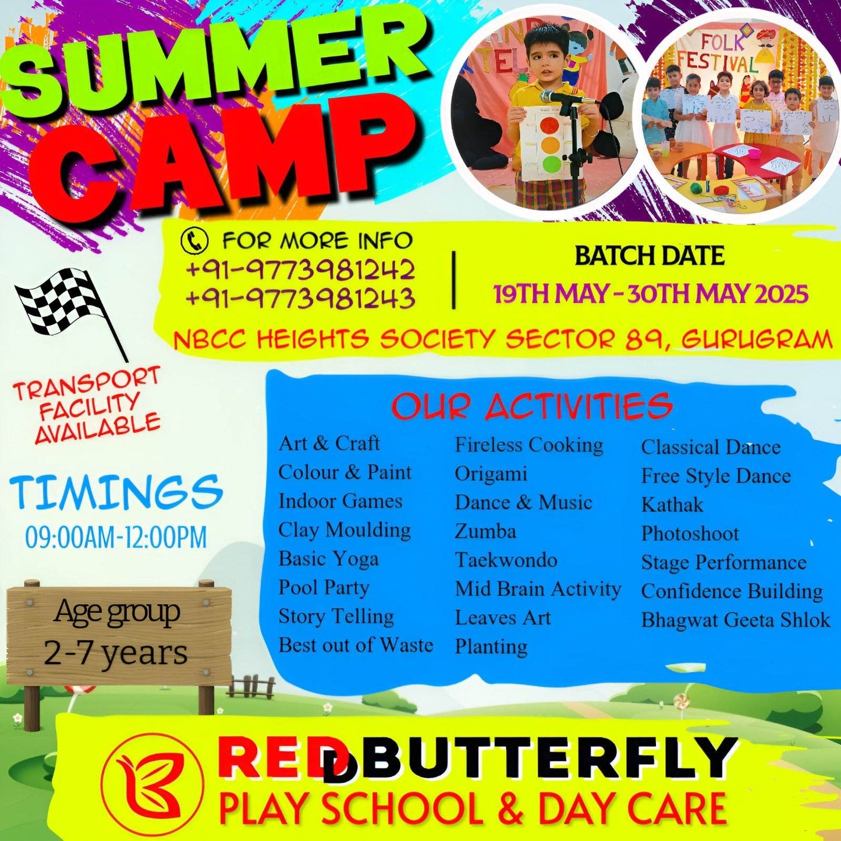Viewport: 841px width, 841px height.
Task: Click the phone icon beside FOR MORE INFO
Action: [194, 240]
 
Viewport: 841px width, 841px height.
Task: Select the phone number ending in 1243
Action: [300, 298]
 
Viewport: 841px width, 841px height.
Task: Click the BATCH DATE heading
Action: [650, 256]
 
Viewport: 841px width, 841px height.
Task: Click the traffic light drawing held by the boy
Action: [547, 143]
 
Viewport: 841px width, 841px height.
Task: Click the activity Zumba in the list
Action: [485, 531]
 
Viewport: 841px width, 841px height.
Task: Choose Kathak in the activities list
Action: [672, 505]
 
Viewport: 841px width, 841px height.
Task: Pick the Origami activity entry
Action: [491, 474]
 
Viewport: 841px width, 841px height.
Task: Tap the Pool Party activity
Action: [324, 587]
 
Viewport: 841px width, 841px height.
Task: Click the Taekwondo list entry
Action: [506, 560]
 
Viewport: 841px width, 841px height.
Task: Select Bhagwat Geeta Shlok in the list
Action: [736, 620]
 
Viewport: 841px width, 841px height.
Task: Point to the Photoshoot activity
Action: [690, 534]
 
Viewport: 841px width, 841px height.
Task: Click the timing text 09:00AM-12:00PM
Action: [116, 537]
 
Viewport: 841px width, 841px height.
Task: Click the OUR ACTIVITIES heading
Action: [531, 406]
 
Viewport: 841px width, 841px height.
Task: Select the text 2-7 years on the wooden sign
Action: [116, 653]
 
